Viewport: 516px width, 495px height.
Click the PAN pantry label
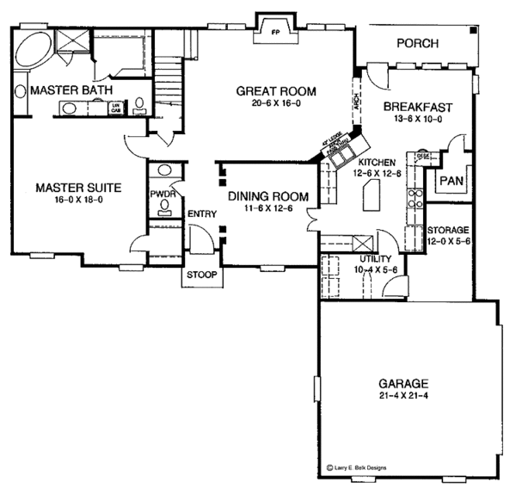(x=451, y=181)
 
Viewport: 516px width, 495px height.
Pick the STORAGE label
(x=448, y=231)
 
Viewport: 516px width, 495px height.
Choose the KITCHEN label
(x=378, y=161)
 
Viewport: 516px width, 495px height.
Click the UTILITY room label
(x=375, y=258)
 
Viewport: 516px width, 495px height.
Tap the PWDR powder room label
(x=163, y=195)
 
